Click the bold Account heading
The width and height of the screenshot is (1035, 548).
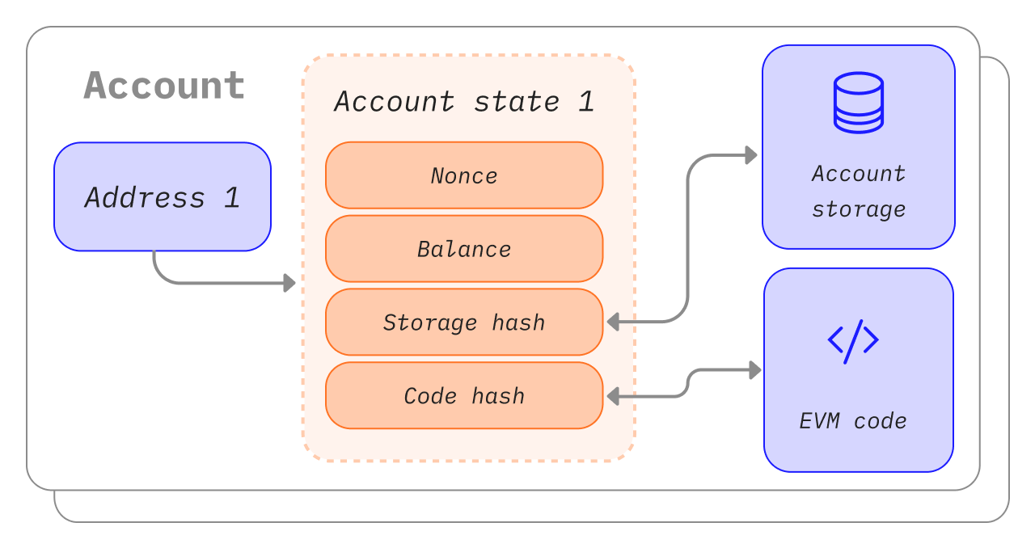click(164, 86)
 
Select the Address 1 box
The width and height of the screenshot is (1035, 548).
click(162, 196)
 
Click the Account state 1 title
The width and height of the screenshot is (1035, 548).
click(464, 102)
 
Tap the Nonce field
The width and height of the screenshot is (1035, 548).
click(464, 175)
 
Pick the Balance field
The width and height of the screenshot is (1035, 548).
click(464, 249)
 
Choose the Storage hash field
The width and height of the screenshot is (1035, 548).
click(464, 322)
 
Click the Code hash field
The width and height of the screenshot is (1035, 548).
click(464, 396)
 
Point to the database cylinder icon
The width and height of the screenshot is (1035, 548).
click(858, 103)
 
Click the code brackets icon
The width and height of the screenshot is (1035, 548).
click(853, 340)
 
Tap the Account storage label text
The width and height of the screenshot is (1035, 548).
click(858, 192)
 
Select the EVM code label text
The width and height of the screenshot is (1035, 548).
click(853, 421)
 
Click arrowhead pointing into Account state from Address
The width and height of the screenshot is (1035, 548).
click(289, 283)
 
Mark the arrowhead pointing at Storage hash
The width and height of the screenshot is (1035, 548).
click(614, 322)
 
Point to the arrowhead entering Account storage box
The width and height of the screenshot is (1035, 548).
click(751, 155)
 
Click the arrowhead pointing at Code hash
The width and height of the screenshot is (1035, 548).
click(614, 396)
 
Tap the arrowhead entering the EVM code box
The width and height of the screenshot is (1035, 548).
click(755, 370)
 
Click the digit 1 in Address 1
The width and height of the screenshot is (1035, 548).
click(232, 198)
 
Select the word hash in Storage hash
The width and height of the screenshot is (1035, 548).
click(518, 322)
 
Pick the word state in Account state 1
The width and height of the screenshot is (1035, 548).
click(516, 102)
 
